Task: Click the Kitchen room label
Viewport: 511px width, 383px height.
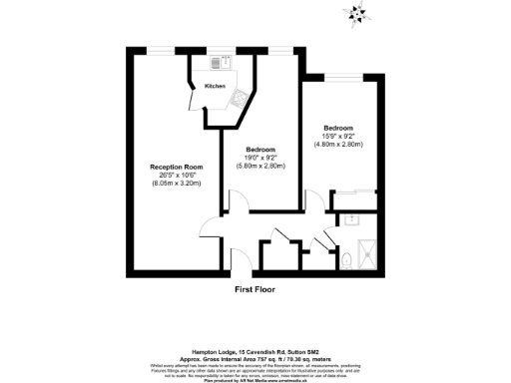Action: (x=215, y=87)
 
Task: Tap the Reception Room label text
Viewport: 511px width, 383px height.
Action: (x=177, y=167)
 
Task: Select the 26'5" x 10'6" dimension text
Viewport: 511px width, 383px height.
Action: (x=177, y=176)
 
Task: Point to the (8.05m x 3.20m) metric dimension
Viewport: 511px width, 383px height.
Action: (x=177, y=185)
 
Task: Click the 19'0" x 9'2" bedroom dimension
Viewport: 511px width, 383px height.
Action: (x=261, y=157)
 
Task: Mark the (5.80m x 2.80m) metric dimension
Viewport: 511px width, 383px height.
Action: (x=261, y=166)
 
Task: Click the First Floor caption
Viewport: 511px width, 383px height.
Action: (x=255, y=289)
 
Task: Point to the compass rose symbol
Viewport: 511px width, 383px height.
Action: (x=355, y=14)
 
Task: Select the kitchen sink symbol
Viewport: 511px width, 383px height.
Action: (x=239, y=97)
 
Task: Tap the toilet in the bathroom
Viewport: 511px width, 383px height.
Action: (x=345, y=260)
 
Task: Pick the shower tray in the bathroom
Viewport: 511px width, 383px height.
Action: (x=364, y=254)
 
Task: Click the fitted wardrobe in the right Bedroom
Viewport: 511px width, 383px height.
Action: (x=354, y=196)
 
